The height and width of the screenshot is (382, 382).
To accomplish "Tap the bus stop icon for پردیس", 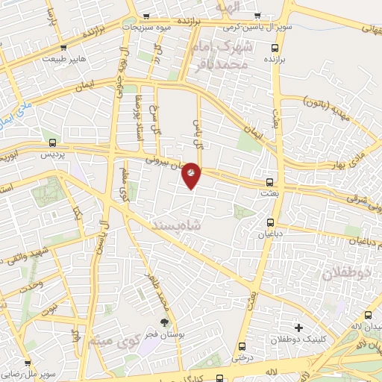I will [x=51, y=143].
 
